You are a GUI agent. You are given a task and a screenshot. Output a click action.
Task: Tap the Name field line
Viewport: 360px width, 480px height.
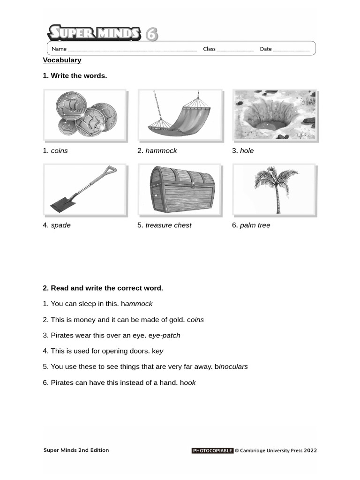pyautogui.click(x=133, y=49)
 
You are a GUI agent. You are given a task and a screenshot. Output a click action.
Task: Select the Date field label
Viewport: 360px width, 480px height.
pyautogui.click(x=266, y=49)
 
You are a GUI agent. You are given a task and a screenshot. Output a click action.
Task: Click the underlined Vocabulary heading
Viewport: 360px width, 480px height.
pyautogui.click(x=62, y=60)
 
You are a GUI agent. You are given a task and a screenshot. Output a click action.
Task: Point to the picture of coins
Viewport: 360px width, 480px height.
pyautogui.click(x=85, y=115)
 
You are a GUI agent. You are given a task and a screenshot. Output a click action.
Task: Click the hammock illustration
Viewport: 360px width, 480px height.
pyautogui.click(x=180, y=115)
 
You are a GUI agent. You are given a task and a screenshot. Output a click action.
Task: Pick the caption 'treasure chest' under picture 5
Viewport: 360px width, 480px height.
pyautogui.click(x=168, y=225)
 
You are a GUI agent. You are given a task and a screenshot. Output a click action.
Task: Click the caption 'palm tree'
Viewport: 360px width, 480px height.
pyautogui.click(x=255, y=225)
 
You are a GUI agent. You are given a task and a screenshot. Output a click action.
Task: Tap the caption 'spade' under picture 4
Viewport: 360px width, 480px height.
pyautogui.click(x=60, y=225)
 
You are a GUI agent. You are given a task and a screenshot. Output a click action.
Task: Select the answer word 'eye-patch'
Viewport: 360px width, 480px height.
pyautogui.click(x=164, y=335)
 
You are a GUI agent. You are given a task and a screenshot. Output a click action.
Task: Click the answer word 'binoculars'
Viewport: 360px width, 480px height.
pyautogui.click(x=231, y=367)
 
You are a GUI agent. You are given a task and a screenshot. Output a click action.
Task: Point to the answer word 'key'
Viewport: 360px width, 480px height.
pyautogui.click(x=157, y=351)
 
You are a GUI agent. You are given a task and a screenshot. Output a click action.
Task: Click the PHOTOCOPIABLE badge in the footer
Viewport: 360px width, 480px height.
pyautogui.click(x=212, y=450)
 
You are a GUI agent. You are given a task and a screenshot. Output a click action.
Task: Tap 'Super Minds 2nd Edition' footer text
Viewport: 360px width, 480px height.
pyautogui.click(x=76, y=450)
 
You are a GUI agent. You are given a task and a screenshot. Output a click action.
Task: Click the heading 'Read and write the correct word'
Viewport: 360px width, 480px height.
pyautogui.click(x=107, y=288)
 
